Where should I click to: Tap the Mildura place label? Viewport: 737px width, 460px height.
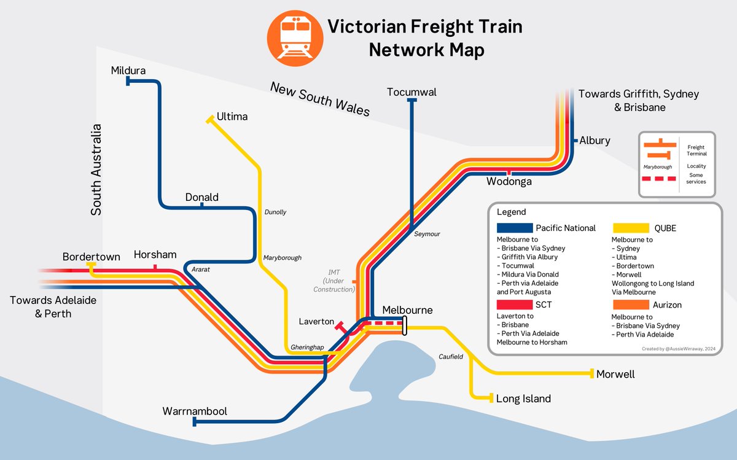[x=128, y=71]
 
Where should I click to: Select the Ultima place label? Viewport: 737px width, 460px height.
[x=232, y=116]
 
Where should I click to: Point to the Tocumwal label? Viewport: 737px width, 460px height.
[x=411, y=92]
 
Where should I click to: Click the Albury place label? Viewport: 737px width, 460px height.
[x=595, y=141]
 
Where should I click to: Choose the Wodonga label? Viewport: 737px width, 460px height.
[x=509, y=181]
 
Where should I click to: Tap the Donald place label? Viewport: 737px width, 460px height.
[x=202, y=197]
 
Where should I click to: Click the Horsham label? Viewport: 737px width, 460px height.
[x=155, y=254]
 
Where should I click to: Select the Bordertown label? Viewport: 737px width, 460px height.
[x=91, y=257]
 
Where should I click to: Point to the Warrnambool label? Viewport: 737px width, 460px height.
[x=195, y=411]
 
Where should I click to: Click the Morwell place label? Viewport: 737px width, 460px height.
[x=615, y=374]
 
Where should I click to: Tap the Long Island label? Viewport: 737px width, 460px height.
[x=523, y=399]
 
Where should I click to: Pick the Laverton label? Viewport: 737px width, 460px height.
[x=316, y=321]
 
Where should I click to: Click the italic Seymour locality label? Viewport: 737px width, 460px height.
[x=427, y=234]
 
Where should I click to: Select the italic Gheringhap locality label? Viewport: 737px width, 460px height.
[x=307, y=348]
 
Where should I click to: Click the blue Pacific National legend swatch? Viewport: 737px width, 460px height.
[x=515, y=228]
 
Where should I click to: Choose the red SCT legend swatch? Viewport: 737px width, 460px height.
[x=515, y=305]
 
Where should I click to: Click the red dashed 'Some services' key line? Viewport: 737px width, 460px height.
[x=659, y=179]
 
